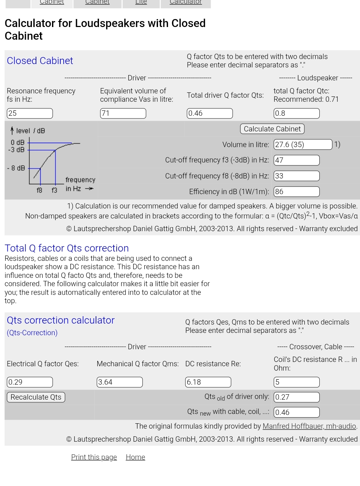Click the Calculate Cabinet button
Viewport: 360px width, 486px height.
coord(272,129)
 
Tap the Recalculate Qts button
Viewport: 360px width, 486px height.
coord(36,397)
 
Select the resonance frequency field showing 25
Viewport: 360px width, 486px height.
coord(30,113)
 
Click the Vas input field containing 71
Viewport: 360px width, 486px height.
coord(123,113)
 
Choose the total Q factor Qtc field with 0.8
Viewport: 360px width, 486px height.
coord(296,113)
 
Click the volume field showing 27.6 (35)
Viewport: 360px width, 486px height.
coord(303,144)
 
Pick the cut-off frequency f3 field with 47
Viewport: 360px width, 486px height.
coord(296,160)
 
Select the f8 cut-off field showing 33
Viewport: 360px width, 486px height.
coord(296,176)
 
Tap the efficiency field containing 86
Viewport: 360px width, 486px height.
coord(296,191)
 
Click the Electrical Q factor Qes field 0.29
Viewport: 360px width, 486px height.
coord(30,382)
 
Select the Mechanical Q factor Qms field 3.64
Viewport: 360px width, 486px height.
coord(120,382)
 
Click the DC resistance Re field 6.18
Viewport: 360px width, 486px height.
coord(208,382)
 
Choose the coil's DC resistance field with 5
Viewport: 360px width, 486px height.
coord(296,382)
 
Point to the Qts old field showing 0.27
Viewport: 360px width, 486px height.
coord(296,397)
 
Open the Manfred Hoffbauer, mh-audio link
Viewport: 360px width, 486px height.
coord(309,426)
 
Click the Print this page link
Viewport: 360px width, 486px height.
coord(94,457)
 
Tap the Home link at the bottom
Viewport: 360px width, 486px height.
coord(135,457)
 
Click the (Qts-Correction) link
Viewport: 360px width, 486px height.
coord(32,333)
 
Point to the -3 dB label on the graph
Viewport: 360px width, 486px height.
coord(16,150)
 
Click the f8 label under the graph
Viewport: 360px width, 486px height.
coord(39,190)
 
